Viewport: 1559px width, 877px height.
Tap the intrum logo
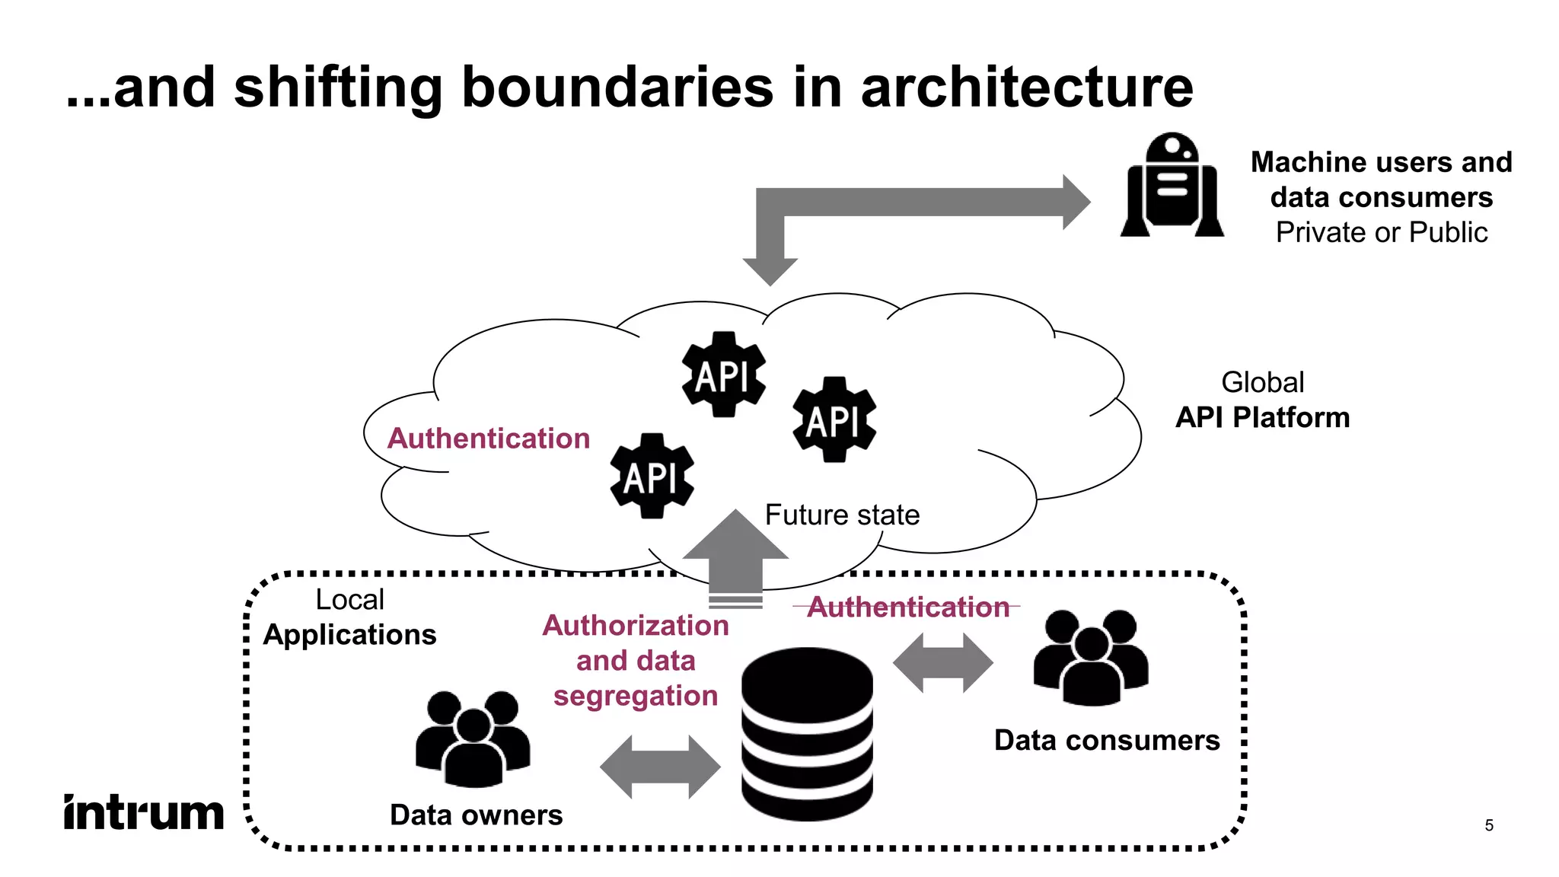click(144, 812)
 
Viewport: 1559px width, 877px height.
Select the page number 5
click(1489, 825)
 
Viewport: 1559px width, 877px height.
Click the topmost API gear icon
click(723, 375)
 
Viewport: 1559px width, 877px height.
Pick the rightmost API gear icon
click(834, 419)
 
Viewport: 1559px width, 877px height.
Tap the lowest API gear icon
click(652, 477)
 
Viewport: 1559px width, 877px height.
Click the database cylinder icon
click(807, 734)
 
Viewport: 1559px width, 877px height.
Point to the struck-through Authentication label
click(907, 607)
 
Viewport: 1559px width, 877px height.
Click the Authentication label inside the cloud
click(489, 438)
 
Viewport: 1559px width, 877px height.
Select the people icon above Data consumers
click(1091, 657)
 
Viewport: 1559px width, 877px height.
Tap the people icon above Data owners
click(473, 738)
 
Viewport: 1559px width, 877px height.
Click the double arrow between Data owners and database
click(660, 767)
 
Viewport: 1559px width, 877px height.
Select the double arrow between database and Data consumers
click(942, 662)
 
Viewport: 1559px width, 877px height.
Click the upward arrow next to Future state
click(735, 556)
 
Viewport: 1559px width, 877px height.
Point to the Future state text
click(842, 515)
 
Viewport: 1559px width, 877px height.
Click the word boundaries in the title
click(617, 87)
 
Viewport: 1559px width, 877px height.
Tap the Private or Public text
click(1381, 232)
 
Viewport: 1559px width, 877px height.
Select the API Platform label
click(1262, 417)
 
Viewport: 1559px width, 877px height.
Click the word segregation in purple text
click(636, 696)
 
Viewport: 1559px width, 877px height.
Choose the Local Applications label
click(349, 617)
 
